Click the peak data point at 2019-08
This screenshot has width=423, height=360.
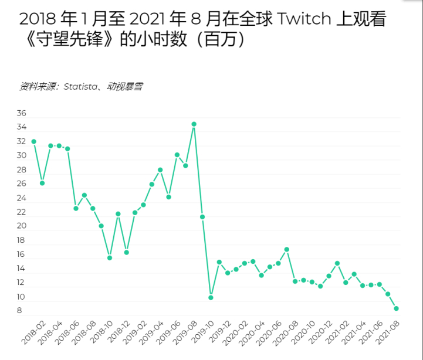[194, 124]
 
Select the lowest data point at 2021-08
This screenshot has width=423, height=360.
[397, 308]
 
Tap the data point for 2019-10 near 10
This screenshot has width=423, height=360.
[211, 297]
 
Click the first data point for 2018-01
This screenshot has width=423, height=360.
[33, 141]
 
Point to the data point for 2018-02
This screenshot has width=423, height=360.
[42, 183]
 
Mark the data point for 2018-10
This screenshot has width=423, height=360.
[110, 257]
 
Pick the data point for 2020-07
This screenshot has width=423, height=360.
[287, 249]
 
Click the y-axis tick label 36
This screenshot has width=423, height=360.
[22, 113]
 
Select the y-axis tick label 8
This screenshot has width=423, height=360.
[19, 311]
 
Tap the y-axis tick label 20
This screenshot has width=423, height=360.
[22, 226]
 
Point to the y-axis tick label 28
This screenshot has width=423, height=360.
[22, 170]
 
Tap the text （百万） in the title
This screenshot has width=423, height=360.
[218, 40]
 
